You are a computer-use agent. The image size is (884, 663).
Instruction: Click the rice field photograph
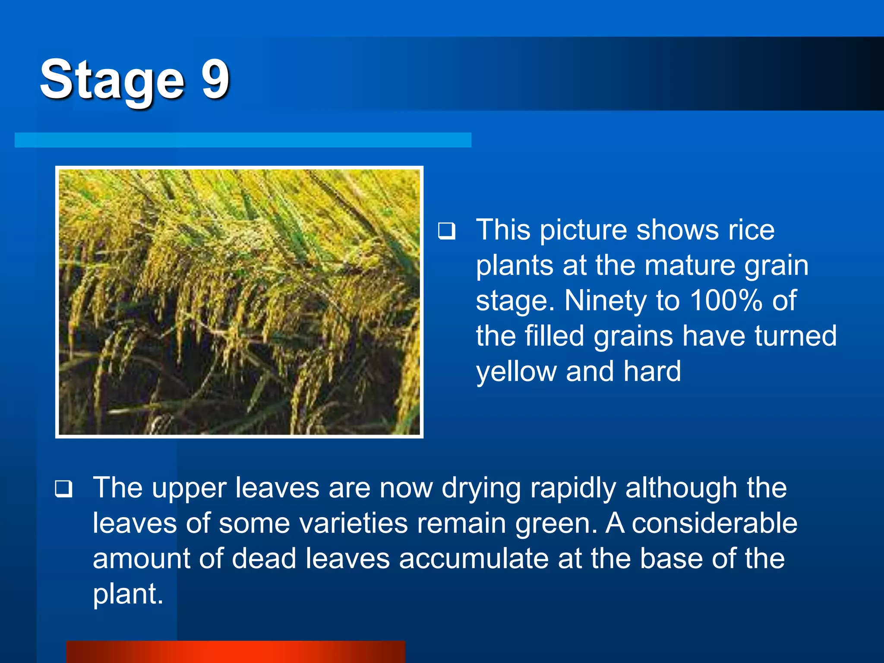click(239, 302)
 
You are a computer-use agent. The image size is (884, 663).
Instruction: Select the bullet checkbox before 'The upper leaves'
click(63, 489)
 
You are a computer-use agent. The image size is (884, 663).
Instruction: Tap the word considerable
click(714, 523)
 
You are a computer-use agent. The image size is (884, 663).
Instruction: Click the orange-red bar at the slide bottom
click(236, 652)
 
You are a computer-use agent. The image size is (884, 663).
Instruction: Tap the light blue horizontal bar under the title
click(243, 140)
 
